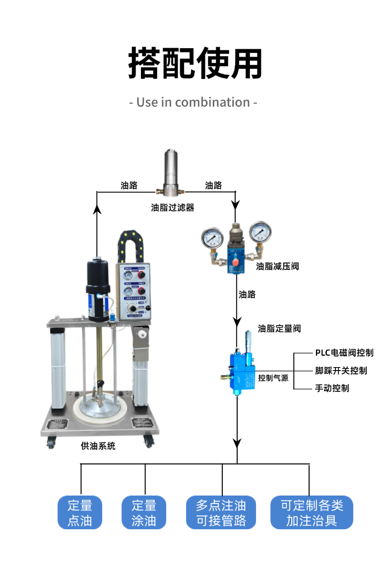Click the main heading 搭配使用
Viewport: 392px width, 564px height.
tap(196, 63)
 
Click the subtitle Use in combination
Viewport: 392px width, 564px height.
tap(193, 103)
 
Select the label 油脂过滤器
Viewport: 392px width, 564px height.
tap(173, 208)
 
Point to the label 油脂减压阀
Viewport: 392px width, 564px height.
tap(277, 266)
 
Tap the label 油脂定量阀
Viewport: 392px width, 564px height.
tap(279, 328)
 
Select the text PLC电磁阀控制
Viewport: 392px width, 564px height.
tap(344, 353)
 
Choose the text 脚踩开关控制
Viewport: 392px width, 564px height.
tap(341, 371)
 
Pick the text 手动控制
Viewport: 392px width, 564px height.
tap(332, 388)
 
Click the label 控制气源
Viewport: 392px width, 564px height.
tap(273, 378)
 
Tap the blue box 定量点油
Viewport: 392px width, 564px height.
tap(80, 512)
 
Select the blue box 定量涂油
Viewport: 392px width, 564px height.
tap(144, 512)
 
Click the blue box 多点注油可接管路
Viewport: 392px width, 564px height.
tap(221, 512)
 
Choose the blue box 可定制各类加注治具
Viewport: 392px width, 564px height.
tap(312, 512)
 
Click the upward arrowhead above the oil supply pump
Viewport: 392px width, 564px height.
tap(98, 209)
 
